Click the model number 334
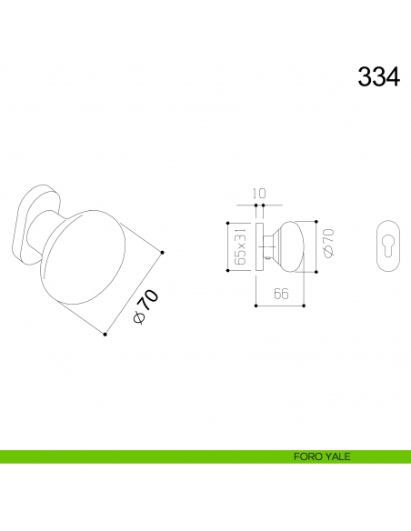point(378,77)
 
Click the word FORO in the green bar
point(306,457)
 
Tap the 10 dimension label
point(259,193)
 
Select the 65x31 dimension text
point(241,246)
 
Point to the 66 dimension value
point(280,293)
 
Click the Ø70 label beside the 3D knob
point(145,306)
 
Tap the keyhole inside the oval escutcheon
point(391,245)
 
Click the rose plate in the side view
point(260,245)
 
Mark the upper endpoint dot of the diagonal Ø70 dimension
point(162,251)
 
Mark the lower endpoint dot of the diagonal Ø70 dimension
point(105,335)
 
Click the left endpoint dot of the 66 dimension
point(256,306)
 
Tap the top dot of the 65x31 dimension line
point(226,222)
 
